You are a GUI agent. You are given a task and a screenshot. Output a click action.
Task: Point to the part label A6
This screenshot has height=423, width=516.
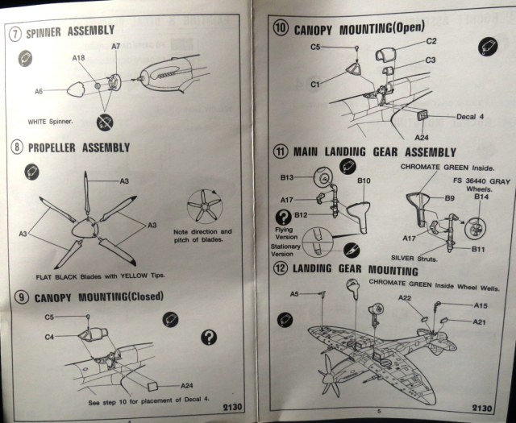(38, 92)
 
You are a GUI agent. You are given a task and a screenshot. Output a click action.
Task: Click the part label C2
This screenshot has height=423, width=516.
(431, 40)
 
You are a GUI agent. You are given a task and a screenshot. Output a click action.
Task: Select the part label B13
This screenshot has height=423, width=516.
(286, 176)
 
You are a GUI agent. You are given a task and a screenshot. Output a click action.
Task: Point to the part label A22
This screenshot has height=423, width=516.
(405, 299)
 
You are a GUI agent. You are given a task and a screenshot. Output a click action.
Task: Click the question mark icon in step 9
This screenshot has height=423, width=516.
(208, 337)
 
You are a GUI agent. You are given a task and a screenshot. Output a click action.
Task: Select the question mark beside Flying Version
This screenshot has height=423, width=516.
(283, 216)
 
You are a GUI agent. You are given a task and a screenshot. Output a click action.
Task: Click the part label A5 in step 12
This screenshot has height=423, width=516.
(294, 293)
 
